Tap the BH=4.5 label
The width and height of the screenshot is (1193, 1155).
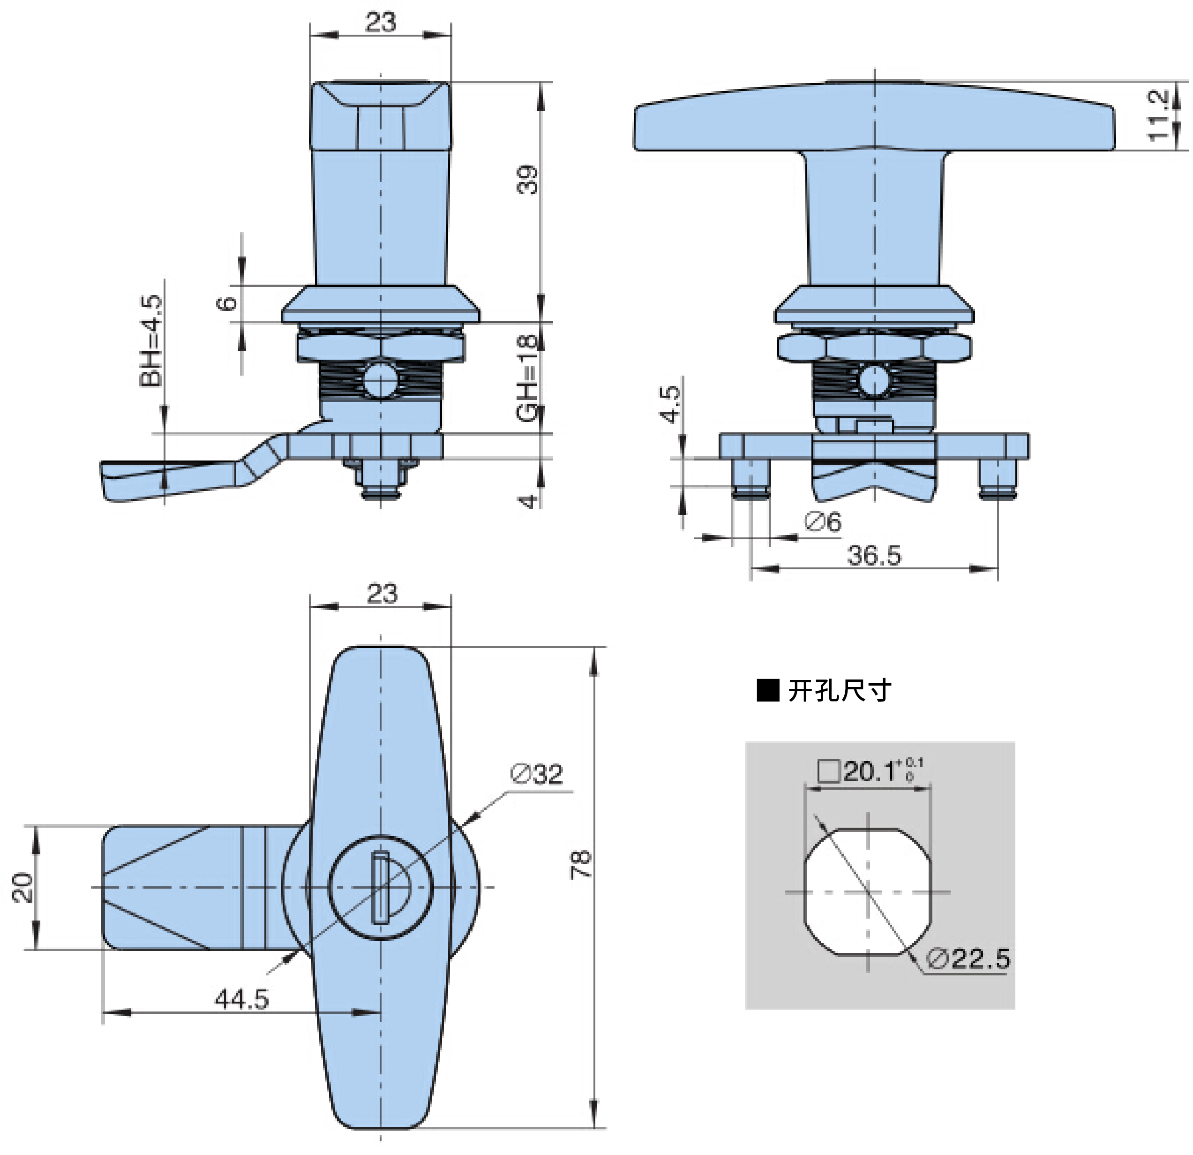[x=151, y=340]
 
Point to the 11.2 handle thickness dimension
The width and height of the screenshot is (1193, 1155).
[x=1158, y=115]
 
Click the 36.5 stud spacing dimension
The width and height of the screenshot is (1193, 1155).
[x=874, y=555]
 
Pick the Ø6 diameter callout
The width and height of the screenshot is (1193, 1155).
[x=823, y=522]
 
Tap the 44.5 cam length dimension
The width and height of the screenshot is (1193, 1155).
[x=241, y=999]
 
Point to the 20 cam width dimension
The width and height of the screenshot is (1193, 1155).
[x=23, y=887]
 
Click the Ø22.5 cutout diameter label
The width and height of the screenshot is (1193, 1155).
[x=968, y=959]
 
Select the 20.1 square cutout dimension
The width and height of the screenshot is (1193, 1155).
[x=870, y=772]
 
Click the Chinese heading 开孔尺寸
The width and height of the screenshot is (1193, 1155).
[x=840, y=690]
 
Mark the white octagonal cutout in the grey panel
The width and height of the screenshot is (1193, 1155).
[x=869, y=892]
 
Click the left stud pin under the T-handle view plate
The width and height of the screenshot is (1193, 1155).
[x=751, y=479]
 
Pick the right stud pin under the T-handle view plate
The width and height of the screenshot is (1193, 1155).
[x=998, y=479]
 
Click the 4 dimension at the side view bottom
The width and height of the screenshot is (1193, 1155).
[x=528, y=502]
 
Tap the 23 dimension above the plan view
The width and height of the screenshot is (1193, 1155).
[x=382, y=594]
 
